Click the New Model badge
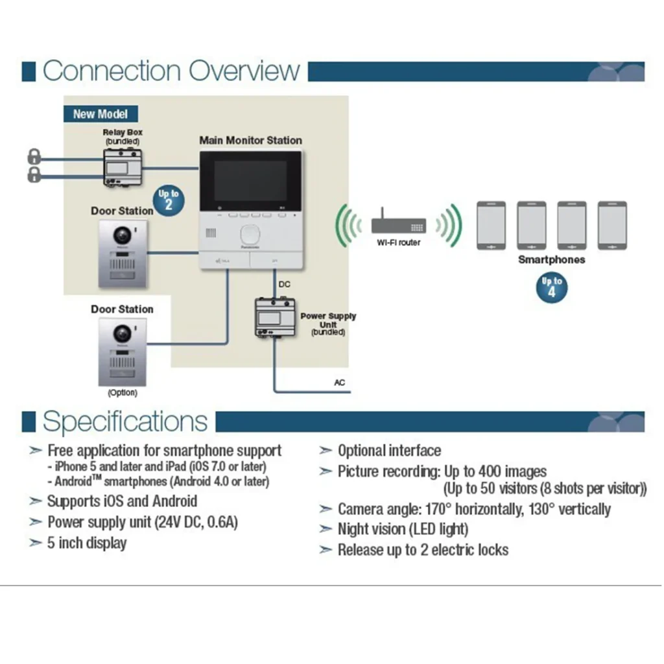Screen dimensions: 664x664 (100, 114)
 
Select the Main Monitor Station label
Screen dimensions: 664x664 (250, 140)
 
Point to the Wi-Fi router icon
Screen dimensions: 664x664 (398, 226)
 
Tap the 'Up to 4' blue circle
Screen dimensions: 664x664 (552, 286)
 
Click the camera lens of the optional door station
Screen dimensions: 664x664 (122, 333)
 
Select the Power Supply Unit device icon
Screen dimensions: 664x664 (276, 318)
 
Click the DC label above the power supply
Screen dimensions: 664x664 (284, 284)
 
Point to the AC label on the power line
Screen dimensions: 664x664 (340, 383)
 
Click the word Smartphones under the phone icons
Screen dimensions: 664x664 (551, 259)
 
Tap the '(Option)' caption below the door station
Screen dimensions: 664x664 (122, 393)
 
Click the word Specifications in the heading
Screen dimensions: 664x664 (125, 421)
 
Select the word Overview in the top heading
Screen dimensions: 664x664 (245, 71)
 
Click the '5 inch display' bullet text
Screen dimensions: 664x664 (87, 543)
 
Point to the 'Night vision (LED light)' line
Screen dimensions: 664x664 (402, 529)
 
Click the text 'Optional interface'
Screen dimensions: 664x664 (389, 451)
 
